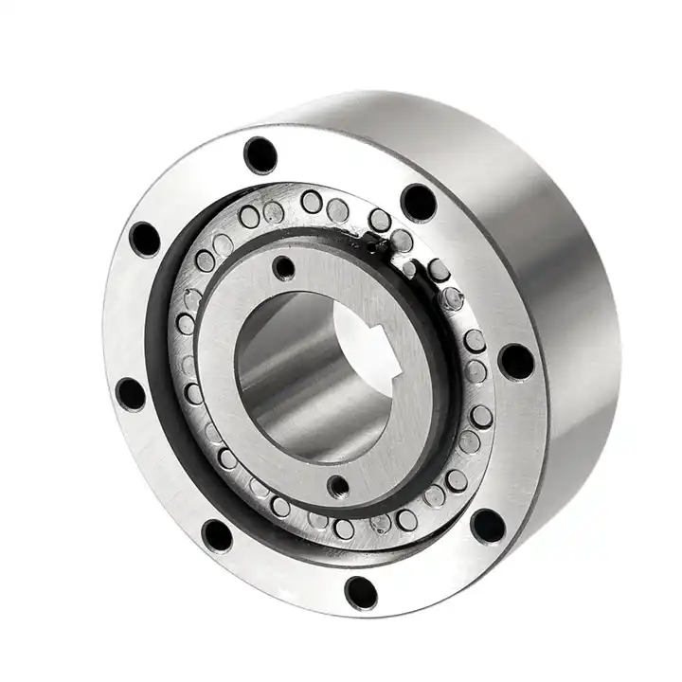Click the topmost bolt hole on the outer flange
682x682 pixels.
(260, 154)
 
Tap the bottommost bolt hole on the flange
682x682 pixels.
(361, 592)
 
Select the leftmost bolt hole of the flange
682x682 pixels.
(130, 392)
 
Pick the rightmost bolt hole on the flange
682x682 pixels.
(515, 361)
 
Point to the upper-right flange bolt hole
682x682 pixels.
(418, 201)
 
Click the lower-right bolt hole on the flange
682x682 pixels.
(488, 526)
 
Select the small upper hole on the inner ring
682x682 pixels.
(283, 268)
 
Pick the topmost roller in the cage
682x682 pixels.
(311, 201)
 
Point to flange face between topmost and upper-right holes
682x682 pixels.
(341, 170)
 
